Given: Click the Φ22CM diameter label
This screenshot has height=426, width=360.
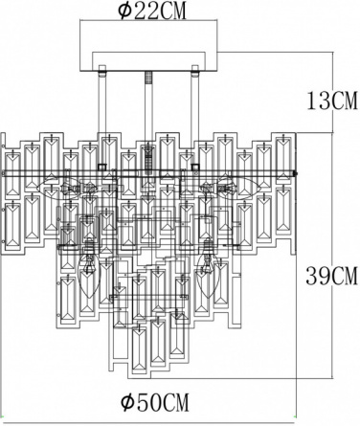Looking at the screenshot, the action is coord(151,11).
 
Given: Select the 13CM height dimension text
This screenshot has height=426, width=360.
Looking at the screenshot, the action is coord(332,101).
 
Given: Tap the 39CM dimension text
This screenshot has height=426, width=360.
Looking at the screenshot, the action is coord(331,276).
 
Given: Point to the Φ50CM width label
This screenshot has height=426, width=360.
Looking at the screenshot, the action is coord(155,402).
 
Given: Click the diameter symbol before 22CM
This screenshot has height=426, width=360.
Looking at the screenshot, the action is coord(124,11).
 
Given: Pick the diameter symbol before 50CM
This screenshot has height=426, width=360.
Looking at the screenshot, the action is coord(127,402).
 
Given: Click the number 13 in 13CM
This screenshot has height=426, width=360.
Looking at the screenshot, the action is coord(318,101).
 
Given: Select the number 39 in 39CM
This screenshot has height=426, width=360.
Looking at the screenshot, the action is coord(318,276).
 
